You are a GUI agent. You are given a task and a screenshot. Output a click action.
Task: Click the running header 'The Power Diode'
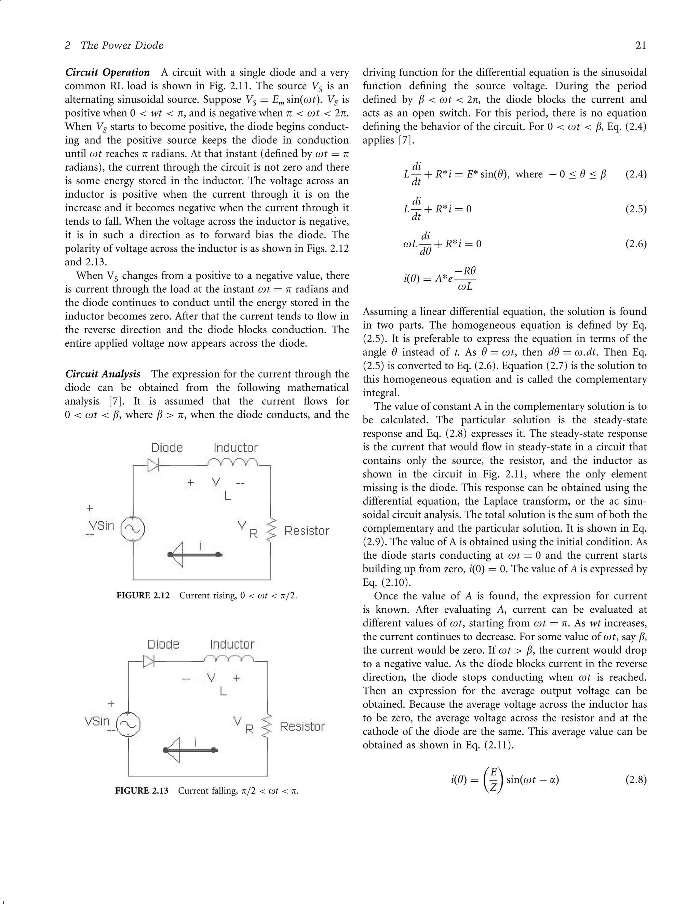coord(122,45)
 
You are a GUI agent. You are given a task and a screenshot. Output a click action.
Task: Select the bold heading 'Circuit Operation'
coord(108,72)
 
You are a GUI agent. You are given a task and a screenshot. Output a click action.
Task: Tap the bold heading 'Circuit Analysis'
coord(103,374)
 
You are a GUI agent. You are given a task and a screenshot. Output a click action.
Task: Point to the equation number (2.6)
coord(635,244)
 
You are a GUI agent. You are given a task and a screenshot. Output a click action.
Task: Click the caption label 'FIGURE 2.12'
coord(143,596)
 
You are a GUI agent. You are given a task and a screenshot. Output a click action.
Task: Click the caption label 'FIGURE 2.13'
coord(142,791)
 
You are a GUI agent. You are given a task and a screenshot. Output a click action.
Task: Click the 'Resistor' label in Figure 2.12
coord(307,531)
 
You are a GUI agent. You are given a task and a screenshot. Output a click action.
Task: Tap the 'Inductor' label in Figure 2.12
coord(235,448)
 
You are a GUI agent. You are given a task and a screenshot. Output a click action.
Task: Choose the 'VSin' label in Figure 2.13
coord(97,721)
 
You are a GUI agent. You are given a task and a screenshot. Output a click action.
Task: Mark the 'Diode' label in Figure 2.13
coord(163,644)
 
